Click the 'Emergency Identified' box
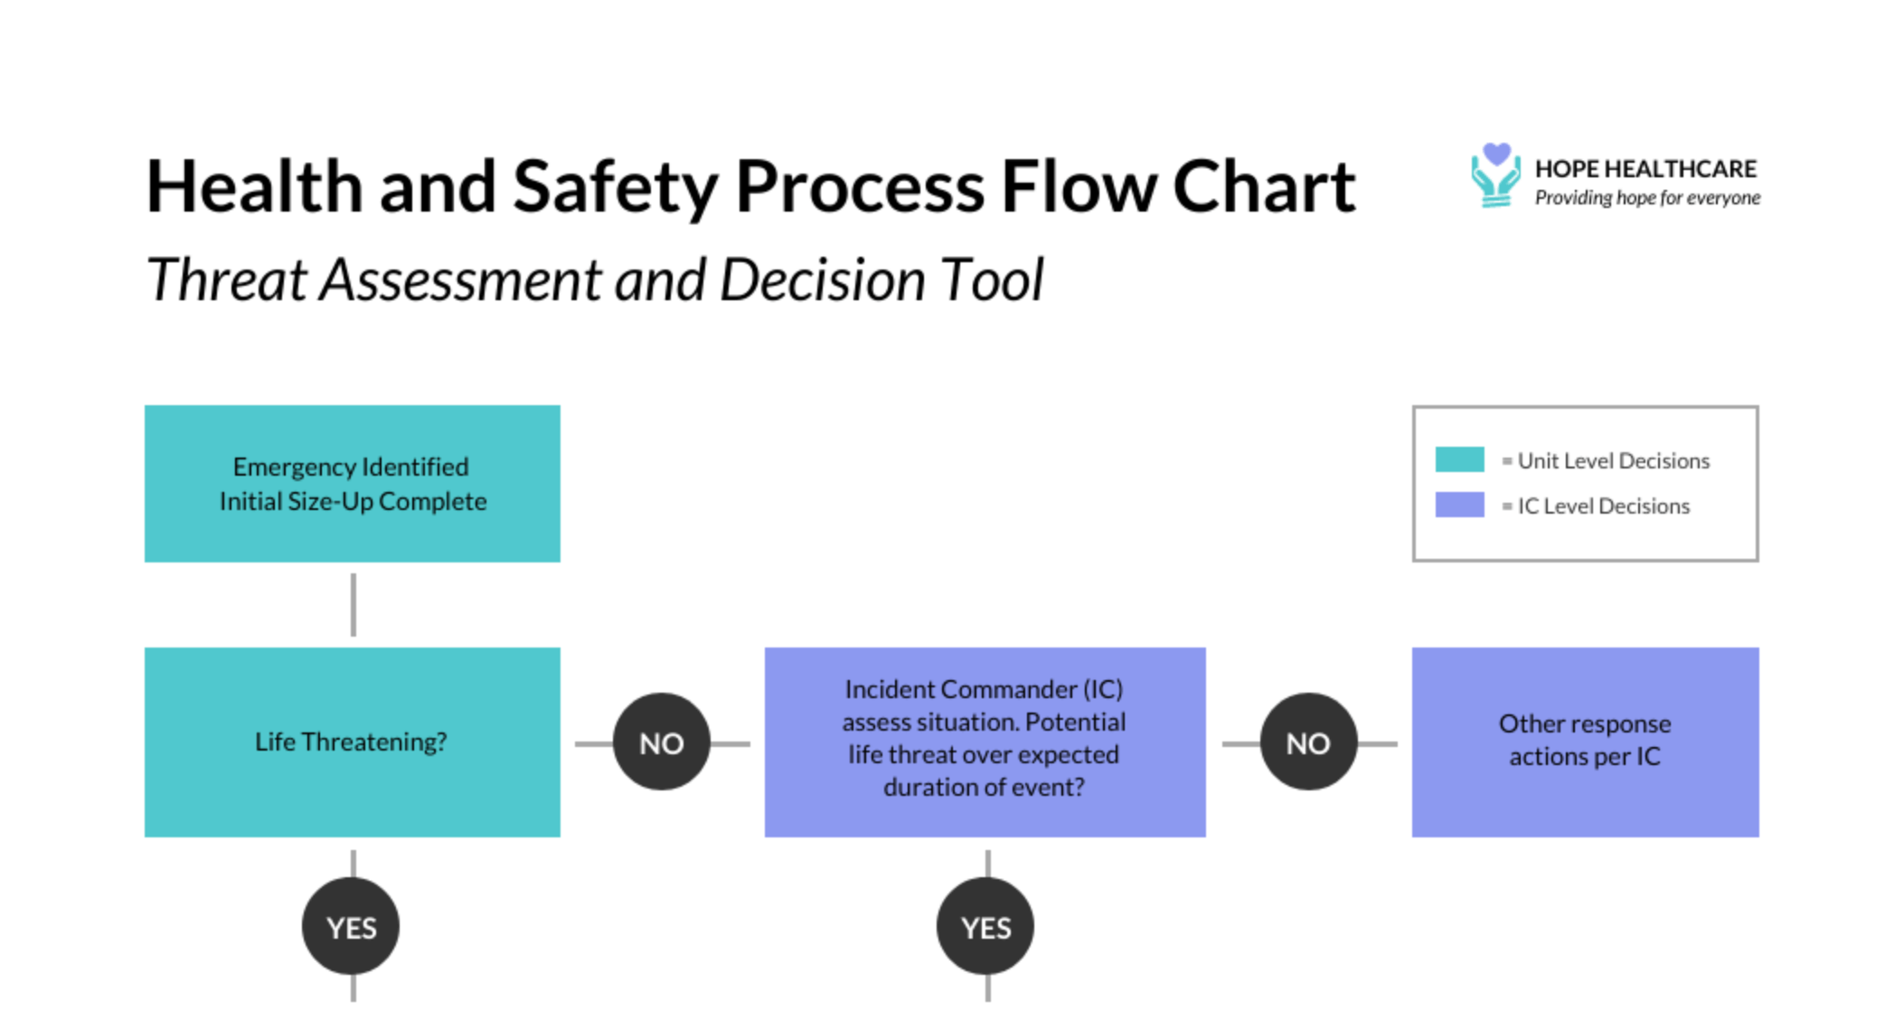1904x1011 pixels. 352,484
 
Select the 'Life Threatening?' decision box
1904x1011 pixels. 352,742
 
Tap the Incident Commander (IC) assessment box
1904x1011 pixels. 985,741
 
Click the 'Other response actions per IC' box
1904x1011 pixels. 1585,741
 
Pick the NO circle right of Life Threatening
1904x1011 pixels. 661,742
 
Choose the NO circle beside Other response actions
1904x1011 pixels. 1308,742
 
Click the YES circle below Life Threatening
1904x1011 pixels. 351,927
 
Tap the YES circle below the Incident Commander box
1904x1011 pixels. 985,927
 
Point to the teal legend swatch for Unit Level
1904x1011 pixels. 1459,459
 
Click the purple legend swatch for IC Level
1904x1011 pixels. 1459,505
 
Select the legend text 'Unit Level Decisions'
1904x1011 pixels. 1613,461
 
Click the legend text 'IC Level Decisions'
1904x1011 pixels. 1603,506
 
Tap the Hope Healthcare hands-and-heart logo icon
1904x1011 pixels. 1495,175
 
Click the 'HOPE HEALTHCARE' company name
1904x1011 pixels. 1645,169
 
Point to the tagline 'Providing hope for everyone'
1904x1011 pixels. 1647,198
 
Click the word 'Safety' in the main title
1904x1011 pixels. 615,188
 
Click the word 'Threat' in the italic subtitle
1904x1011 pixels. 227,279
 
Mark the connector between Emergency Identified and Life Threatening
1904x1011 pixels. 353,604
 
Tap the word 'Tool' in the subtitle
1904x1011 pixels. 992,279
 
